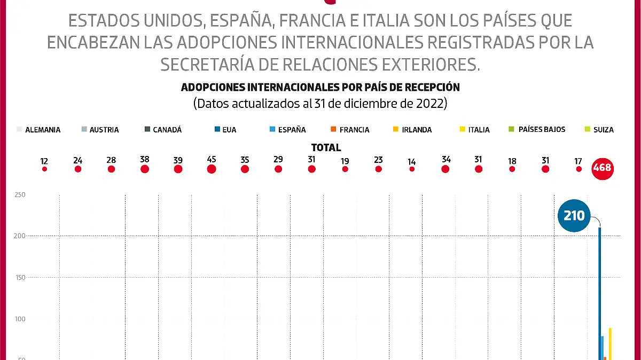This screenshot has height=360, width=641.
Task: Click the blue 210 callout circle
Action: coord(574,216)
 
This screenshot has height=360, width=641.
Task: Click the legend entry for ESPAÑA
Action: coord(288,130)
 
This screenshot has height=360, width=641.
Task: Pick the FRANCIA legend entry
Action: coord(350,130)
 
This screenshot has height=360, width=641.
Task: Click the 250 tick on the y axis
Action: coord(20,195)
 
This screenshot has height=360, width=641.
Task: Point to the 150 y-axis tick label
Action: coord(20,277)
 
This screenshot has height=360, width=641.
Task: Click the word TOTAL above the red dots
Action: coord(326,148)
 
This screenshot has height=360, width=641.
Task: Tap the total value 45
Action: coord(211,160)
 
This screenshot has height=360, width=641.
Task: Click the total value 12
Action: coord(44,161)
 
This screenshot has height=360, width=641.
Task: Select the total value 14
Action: coord(412,161)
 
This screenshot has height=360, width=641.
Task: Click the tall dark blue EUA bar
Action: coord(600,294)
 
